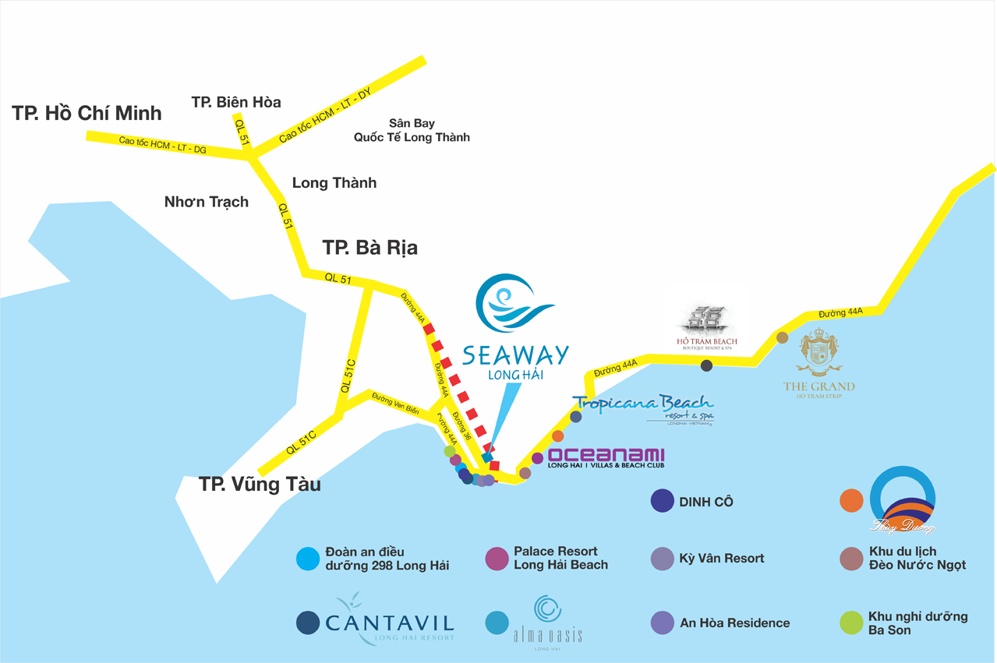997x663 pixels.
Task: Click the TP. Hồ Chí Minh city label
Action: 87,113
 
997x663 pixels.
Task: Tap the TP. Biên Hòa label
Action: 236,102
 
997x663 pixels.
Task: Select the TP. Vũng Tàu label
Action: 260,484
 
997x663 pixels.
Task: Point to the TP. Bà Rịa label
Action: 370,248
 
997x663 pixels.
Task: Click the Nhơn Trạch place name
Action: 207,202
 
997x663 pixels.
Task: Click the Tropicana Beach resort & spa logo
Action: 644,408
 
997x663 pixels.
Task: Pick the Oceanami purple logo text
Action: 606,455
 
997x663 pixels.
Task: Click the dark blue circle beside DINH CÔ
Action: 662,501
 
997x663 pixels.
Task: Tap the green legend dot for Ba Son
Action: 851,622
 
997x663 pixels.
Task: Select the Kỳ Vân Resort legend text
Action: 722,558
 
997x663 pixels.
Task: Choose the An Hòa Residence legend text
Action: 734,622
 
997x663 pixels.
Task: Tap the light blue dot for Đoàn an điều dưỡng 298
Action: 309,559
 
